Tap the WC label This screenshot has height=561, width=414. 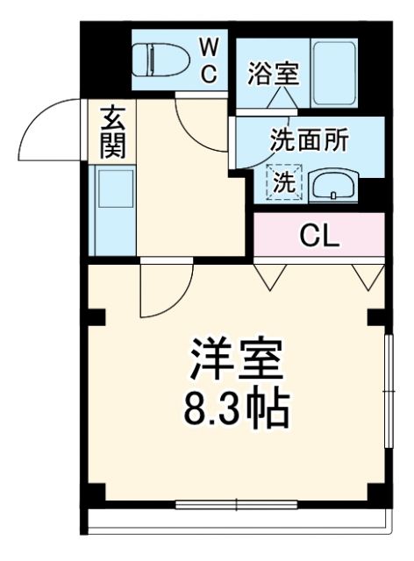[208, 60]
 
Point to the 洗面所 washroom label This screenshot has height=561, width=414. [308, 141]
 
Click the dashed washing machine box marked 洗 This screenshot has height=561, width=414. [284, 182]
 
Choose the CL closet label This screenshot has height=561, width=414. [320, 235]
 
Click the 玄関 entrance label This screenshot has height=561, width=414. [112, 132]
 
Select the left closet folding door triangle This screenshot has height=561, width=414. [270, 275]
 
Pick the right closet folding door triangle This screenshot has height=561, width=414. [367, 275]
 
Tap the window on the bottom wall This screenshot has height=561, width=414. [237, 503]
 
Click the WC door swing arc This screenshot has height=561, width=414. [198, 122]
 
